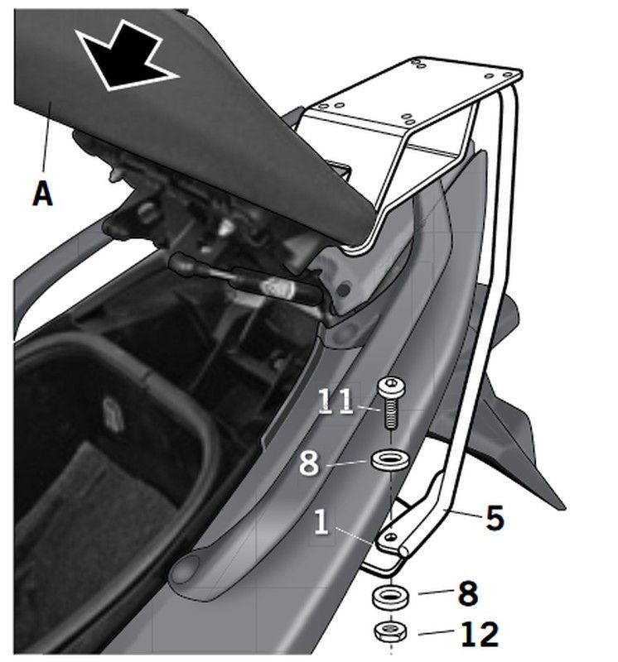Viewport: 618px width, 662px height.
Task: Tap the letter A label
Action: click(42, 194)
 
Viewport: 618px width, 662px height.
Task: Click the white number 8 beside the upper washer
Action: click(309, 462)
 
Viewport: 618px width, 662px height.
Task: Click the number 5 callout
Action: click(494, 518)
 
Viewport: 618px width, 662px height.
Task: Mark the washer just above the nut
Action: click(388, 596)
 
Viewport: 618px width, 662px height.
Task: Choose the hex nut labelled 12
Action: click(388, 632)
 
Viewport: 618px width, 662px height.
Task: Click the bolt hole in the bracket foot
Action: click(386, 540)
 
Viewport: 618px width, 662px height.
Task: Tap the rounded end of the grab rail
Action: click(184, 570)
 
